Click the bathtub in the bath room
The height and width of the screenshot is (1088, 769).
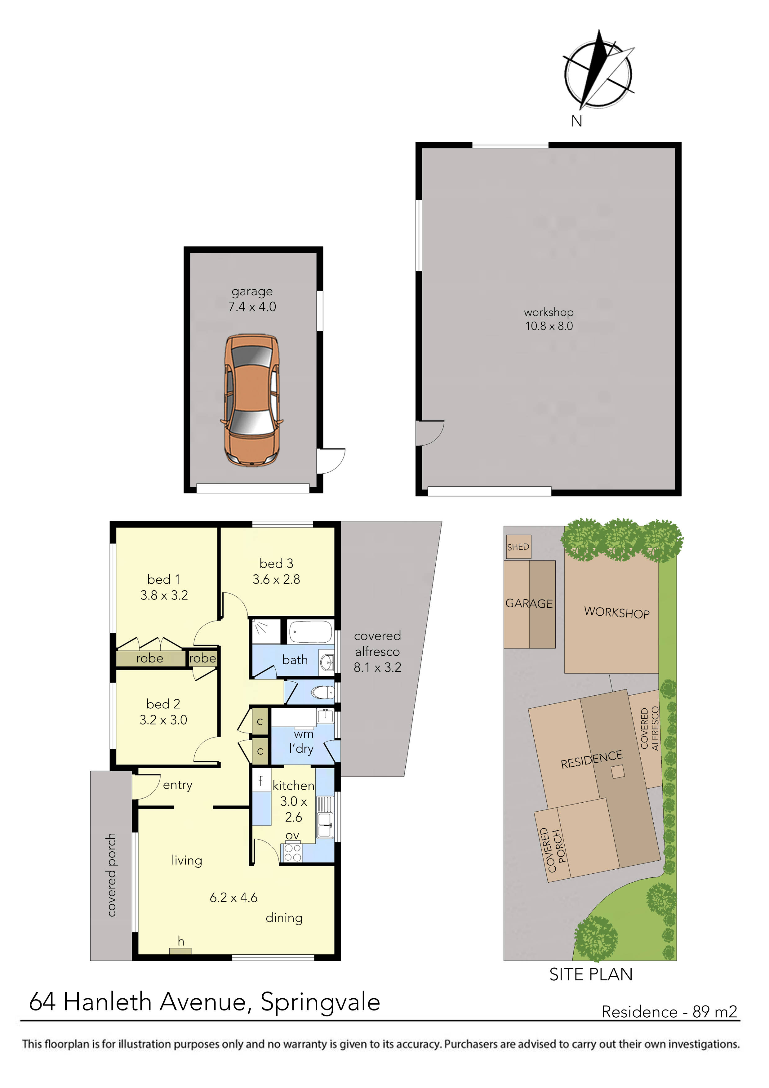(311, 632)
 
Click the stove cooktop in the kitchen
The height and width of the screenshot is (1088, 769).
(292, 853)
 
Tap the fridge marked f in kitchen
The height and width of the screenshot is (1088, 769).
(260, 781)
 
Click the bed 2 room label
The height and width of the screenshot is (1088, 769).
(163, 704)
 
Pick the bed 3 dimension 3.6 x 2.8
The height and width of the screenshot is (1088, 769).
(276, 580)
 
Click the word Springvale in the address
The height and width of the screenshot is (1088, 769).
(320, 1002)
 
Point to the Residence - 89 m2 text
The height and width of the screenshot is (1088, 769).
(669, 1012)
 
